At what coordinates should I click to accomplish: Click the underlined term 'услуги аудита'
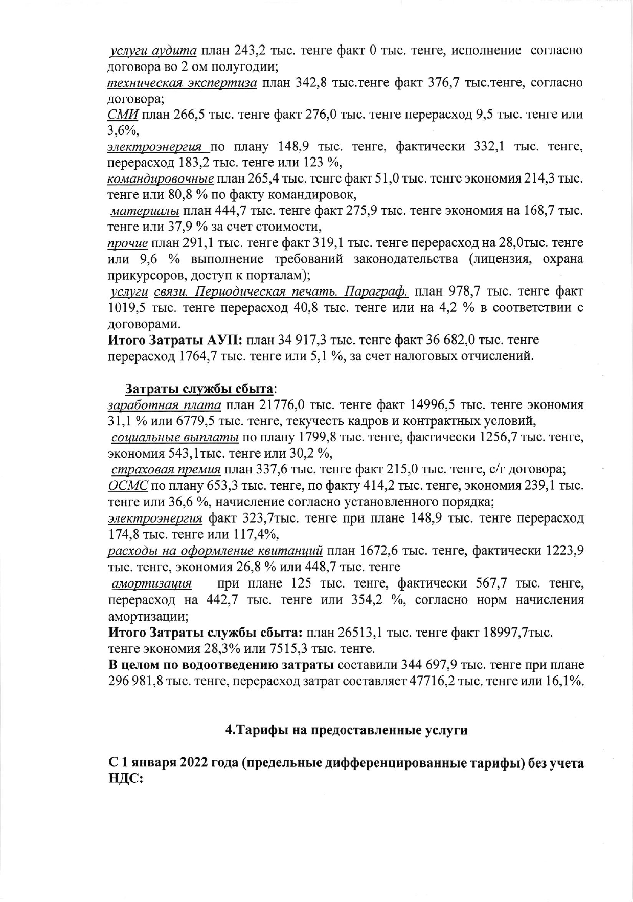click(154, 51)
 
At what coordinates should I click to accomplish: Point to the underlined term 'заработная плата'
click(164, 405)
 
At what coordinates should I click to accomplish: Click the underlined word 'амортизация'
click(152, 583)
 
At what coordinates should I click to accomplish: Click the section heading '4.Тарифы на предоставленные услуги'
click(347, 730)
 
